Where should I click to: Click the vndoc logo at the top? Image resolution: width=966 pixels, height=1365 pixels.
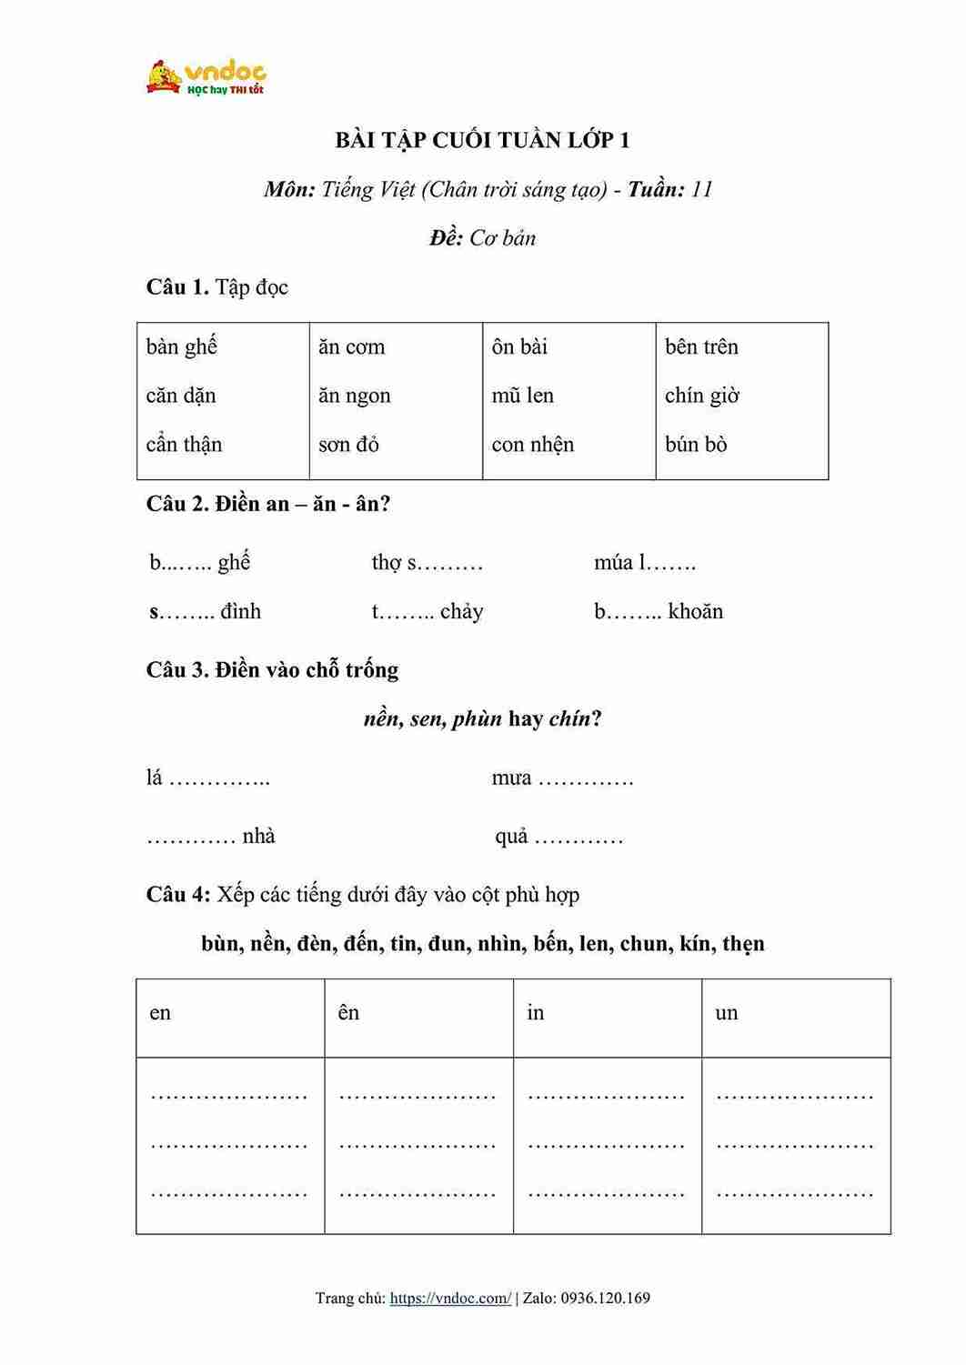click(x=206, y=77)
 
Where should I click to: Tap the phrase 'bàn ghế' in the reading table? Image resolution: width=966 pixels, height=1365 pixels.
click(x=182, y=346)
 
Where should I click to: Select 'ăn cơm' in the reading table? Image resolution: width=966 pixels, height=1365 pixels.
click(x=352, y=346)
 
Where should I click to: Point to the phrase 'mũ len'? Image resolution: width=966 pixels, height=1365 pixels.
click(x=523, y=396)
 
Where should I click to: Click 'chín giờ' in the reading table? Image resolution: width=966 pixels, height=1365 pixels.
click(x=702, y=396)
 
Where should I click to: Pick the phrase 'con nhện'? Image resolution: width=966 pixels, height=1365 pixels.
click(x=533, y=445)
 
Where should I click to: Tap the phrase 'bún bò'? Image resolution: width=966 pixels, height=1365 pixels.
click(x=696, y=445)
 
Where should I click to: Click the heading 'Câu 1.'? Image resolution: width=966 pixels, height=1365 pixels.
click(x=178, y=287)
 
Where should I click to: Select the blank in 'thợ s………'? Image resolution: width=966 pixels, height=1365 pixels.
click(x=451, y=564)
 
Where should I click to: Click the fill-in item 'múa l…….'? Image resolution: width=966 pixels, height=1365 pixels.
click(x=645, y=563)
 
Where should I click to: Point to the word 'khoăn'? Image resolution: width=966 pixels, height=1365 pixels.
click(x=696, y=611)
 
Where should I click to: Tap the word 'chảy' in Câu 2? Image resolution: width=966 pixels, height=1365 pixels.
click(x=461, y=612)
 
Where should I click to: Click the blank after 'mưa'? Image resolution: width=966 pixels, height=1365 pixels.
click(x=586, y=779)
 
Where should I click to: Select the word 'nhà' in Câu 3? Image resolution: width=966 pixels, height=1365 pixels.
click(x=258, y=837)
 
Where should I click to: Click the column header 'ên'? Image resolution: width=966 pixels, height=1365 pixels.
click(x=349, y=1013)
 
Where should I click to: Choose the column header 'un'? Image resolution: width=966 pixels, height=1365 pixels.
click(x=727, y=1013)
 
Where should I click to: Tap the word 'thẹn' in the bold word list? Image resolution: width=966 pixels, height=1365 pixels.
click(x=743, y=944)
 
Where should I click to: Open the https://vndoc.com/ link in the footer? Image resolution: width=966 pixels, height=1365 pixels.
click(x=450, y=1298)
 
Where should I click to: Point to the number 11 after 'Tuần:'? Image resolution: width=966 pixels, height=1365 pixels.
click(x=701, y=189)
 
